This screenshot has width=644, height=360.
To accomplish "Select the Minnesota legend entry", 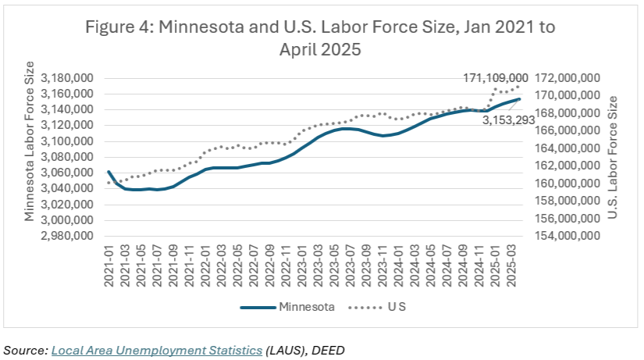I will coord(305,307).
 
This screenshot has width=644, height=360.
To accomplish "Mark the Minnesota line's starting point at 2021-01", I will coord(109,171).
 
